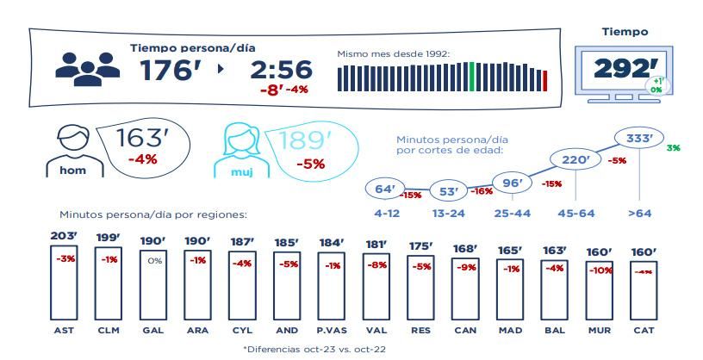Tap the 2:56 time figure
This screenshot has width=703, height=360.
point(280,72)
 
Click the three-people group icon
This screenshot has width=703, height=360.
point(88,67)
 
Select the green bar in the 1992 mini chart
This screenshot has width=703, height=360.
point(471,77)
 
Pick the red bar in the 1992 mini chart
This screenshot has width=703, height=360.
point(544,80)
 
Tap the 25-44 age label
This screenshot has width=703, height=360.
point(513,212)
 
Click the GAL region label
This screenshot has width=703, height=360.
point(152,330)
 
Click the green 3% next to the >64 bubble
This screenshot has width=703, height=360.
point(673,148)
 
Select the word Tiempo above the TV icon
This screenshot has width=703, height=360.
point(625,32)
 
